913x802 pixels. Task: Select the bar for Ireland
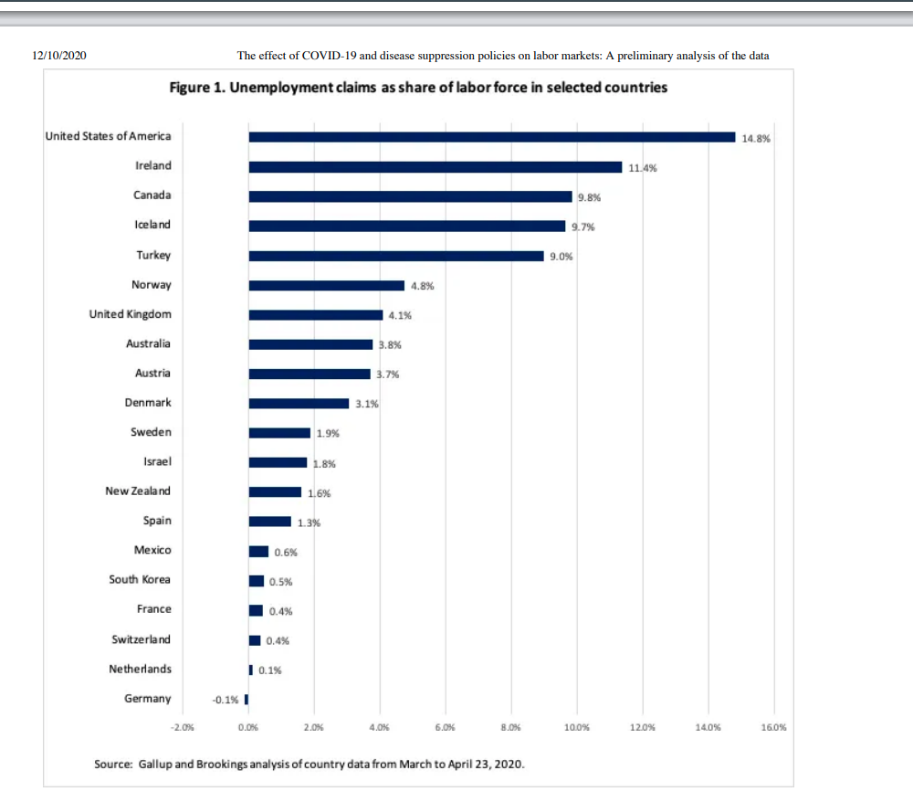[x=435, y=167]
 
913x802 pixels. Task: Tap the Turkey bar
[x=396, y=256]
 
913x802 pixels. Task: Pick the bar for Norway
[x=326, y=285]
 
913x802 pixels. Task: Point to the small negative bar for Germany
[x=247, y=700]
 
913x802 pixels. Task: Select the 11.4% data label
[x=643, y=168]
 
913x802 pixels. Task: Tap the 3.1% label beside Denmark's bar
[x=366, y=404]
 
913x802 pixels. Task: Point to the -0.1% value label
[x=225, y=701]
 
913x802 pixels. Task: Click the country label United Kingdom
[x=130, y=314]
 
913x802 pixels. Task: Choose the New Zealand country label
[x=138, y=491]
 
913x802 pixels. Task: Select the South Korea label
[x=140, y=579]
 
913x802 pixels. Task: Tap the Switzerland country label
[x=141, y=639]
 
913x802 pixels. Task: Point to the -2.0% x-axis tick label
[x=183, y=728]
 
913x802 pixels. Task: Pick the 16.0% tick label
[x=772, y=728]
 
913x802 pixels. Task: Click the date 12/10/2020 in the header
[x=58, y=56]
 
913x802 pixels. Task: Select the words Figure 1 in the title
[x=195, y=88]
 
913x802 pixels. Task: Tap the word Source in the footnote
[x=113, y=763]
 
